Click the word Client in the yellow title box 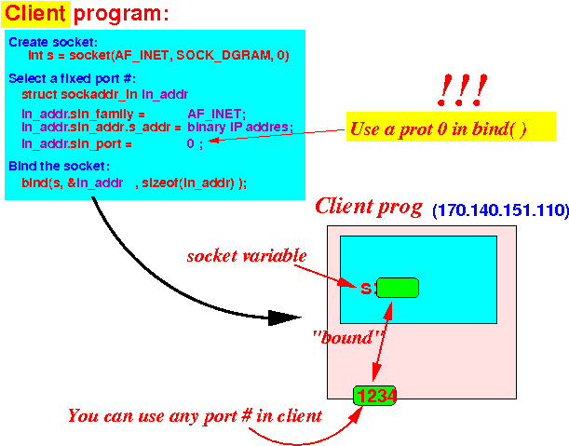point(35,14)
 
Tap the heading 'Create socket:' point(53,42)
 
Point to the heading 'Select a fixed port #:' point(72,78)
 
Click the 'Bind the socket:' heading point(59,166)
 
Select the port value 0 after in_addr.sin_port point(190,143)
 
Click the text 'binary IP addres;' point(240,127)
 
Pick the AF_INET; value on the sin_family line point(216,114)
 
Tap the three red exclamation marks point(462,90)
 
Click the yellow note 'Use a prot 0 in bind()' point(451,127)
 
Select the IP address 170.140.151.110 point(500,210)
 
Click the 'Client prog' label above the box point(369,207)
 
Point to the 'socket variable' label point(247,256)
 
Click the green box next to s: point(398,288)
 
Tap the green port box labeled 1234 point(375,396)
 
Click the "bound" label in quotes point(348,337)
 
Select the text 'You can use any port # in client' point(195,416)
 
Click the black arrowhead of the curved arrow point(285,318)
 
